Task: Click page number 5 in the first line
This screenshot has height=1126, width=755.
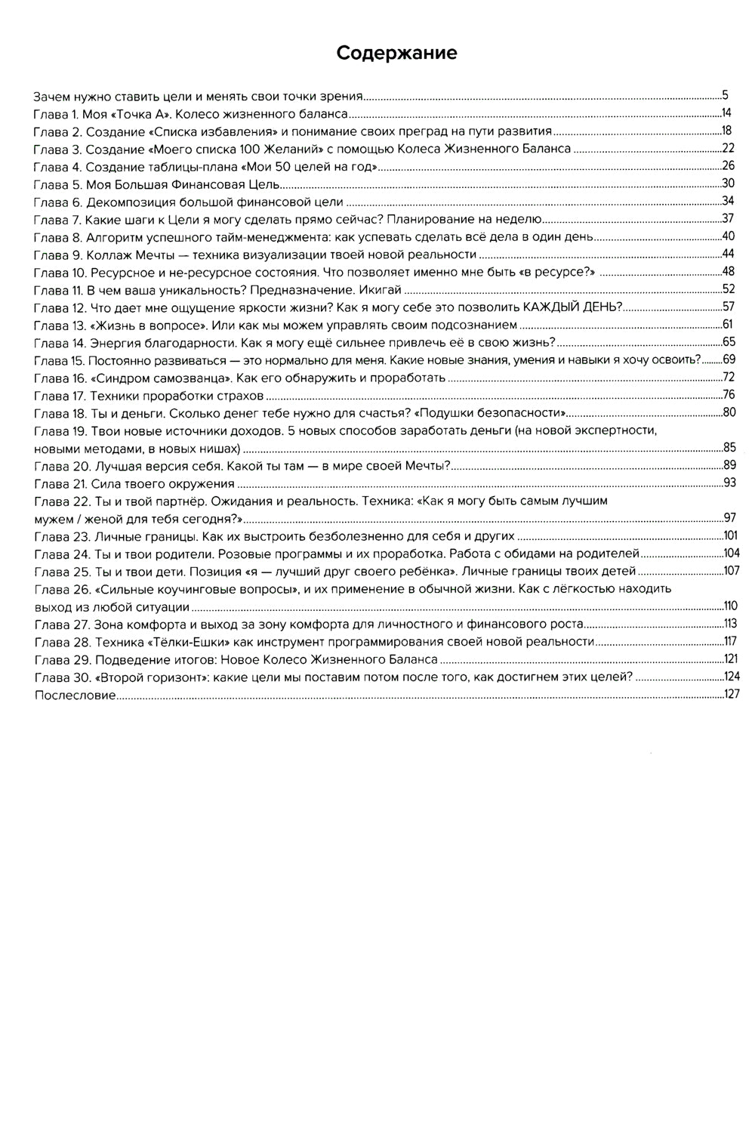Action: (725, 96)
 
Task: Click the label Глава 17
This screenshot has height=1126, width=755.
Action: (60, 395)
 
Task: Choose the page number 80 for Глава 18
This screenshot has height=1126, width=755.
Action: (729, 412)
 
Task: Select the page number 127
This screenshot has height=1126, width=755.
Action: (732, 694)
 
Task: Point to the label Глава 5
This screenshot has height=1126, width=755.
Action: (57, 184)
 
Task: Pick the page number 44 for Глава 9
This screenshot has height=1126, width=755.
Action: (729, 254)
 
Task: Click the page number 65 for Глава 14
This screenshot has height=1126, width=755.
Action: (729, 342)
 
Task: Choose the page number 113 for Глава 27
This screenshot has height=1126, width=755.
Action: (730, 624)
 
